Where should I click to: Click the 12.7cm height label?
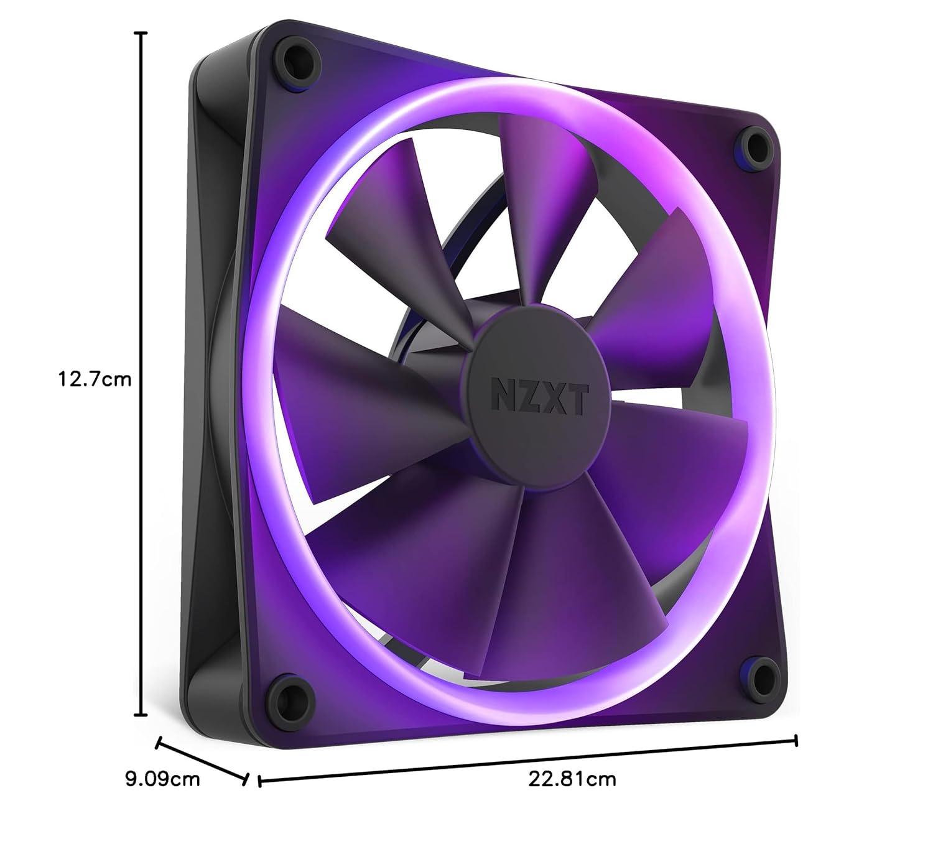95,379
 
